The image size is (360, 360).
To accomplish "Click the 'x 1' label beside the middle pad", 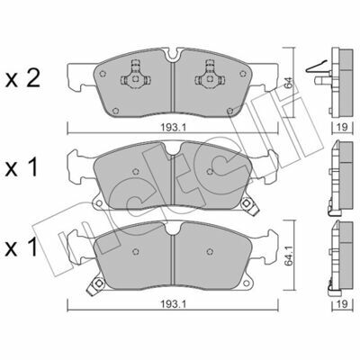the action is click(22, 167).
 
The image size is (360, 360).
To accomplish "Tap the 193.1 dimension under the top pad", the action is click(173, 128).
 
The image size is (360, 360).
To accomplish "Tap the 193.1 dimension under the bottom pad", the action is click(173, 304).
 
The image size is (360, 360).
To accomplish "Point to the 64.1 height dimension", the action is click(288, 258).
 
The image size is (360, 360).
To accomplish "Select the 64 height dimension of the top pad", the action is click(288, 83).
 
